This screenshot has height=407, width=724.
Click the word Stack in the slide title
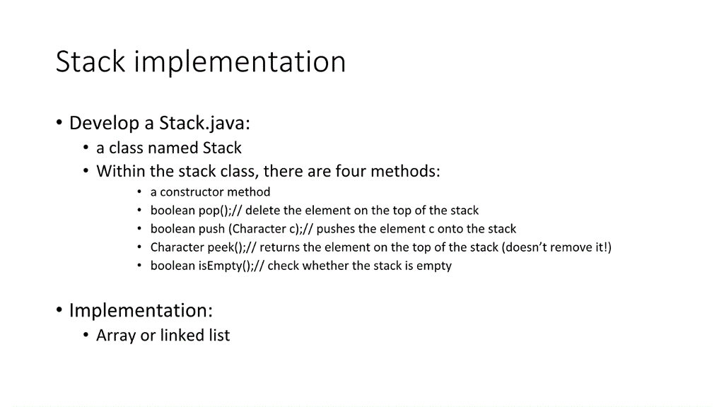[90, 62]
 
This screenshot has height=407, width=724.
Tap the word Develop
[104, 124]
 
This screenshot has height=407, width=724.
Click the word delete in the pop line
[262, 211]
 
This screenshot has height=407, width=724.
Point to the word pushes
[336, 229]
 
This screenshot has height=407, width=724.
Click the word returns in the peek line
[280, 247]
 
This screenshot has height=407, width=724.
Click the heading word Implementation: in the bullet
[141, 311]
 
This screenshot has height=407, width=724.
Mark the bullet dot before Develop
[59, 124]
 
